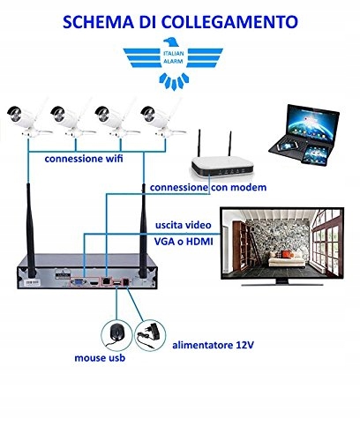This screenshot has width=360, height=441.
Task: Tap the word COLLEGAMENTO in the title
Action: click(229, 21)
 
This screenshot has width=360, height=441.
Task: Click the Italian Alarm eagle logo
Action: click(173, 64)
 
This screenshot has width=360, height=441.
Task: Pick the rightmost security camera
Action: click(161, 121)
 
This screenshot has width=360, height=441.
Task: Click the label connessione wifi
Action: click(84, 159)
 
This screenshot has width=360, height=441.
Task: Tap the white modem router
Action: click(221, 161)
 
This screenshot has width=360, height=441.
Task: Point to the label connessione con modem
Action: click(208, 187)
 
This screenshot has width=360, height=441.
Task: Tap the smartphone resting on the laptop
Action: click(286, 146)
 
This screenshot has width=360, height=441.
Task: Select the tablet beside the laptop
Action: click(315, 155)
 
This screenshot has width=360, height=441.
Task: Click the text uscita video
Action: click(184, 225)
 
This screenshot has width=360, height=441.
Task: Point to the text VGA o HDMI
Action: click(184, 242)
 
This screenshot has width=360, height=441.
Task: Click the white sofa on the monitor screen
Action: click(285, 259)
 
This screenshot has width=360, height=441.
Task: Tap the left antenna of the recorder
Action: click(31, 230)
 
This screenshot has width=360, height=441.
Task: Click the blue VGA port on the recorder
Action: click(79, 283)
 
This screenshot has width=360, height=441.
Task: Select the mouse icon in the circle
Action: click(116, 335)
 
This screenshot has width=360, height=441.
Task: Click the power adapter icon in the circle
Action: click(150, 335)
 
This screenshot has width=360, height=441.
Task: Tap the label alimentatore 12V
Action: click(213, 345)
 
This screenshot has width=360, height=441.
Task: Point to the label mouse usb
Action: click(100, 358)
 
